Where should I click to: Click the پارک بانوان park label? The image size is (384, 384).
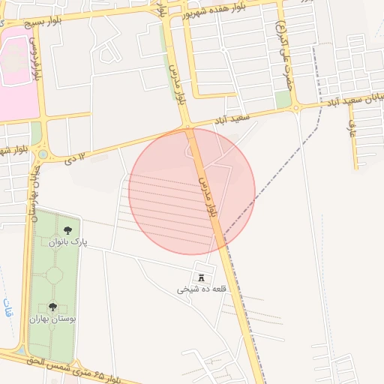click(69, 243)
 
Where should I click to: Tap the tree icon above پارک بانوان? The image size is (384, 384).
click(68, 230)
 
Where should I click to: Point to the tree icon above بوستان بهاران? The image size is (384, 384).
click(52, 307)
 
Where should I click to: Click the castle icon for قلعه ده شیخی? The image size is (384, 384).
click(200, 277)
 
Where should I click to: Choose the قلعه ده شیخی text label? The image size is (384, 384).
click(200, 289)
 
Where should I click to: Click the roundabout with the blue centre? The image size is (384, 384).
click(43, 155)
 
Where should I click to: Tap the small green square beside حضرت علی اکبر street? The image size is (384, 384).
click(283, 100)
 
